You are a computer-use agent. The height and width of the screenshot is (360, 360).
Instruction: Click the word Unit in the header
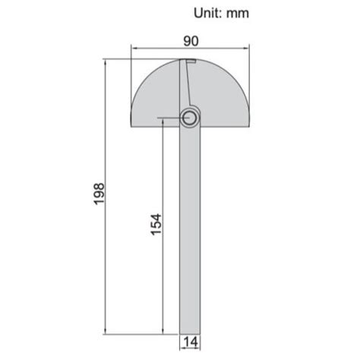[x=207, y=13]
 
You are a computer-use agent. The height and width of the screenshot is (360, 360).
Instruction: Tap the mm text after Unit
[x=238, y=13]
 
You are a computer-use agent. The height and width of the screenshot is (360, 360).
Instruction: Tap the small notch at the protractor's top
[x=191, y=62]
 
